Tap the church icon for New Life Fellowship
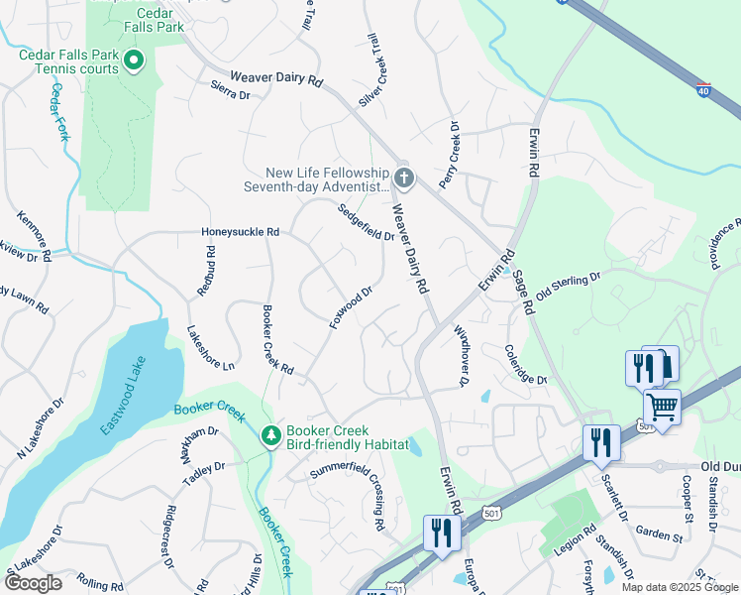tap(402, 178)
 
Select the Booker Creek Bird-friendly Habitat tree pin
tap(269, 435)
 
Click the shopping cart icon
tap(662, 406)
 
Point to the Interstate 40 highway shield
tap(703, 88)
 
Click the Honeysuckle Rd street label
tap(240, 232)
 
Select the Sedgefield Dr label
tap(366, 223)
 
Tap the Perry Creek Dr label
tap(450, 149)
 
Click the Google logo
tap(33, 583)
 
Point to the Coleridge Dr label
tap(525, 365)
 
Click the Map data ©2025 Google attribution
tap(680, 587)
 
